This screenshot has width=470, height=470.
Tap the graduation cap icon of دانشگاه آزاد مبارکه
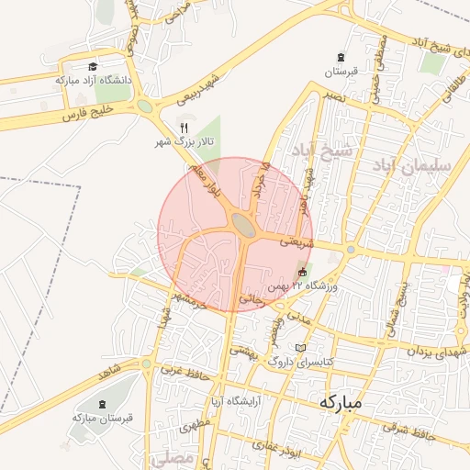point(93,67)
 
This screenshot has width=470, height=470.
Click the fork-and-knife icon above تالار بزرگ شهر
point(184,128)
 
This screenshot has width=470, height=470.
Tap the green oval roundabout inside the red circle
point(244,224)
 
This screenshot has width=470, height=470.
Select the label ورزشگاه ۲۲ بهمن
point(303,286)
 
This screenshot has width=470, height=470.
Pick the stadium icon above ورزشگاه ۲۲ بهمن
point(303,272)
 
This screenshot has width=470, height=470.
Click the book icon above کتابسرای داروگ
point(303,348)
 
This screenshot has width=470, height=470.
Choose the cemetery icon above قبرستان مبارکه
point(102,403)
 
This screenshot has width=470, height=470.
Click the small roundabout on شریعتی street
point(350,249)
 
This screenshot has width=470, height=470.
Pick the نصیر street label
point(332,95)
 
